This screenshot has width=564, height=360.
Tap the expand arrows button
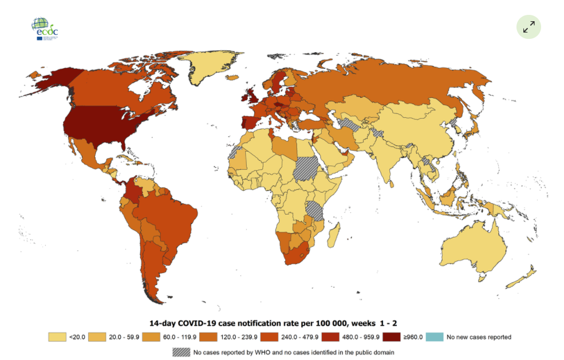528,26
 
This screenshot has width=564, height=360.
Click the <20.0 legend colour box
58,337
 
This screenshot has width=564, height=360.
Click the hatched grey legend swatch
182,352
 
